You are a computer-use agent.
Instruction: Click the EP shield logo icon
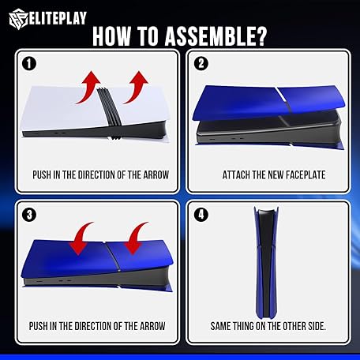(18, 19)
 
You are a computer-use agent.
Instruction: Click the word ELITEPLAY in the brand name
(58, 18)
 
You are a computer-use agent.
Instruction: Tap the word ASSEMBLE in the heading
(216, 36)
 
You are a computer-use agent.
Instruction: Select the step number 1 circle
(29, 63)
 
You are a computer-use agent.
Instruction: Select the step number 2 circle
(201, 63)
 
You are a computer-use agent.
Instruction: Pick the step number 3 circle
(29, 215)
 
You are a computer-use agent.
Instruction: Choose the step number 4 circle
(201, 215)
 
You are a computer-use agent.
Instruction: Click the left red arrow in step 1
(89, 87)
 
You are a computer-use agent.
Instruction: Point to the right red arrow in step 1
(137, 87)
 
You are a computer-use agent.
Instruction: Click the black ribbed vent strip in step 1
(110, 111)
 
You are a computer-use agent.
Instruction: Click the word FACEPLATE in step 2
(306, 175)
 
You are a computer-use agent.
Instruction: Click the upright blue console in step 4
(266, 263)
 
